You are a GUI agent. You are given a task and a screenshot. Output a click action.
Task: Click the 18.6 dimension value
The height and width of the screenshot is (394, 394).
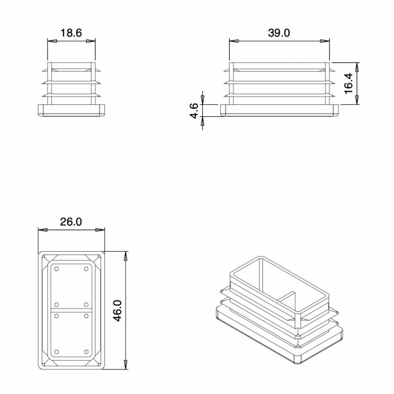coord(71,33)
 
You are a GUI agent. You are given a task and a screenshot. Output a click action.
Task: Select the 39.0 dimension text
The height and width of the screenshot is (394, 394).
coord(279,33)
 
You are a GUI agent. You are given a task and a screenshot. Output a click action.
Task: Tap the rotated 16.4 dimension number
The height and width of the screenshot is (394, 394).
coord(349,83)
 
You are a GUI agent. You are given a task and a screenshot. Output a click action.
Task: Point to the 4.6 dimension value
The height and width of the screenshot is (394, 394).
coord(194,110)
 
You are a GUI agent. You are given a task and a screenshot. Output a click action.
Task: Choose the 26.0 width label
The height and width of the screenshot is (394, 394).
coord(71,222)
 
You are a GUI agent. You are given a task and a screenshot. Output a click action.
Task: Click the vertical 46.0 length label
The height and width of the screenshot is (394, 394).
coord(117,310)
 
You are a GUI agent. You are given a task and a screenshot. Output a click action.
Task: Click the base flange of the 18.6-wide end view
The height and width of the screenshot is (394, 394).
coord(71,110)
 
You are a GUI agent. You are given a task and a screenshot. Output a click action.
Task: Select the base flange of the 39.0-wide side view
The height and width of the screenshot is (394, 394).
coord(280,110)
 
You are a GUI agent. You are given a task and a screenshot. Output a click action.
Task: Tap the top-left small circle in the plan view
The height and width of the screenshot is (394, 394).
coord(57,269)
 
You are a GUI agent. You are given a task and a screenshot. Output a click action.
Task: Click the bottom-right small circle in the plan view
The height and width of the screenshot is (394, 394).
coord(86,352)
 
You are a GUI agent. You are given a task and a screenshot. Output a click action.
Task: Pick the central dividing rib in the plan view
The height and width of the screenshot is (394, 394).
coord(71,310)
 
